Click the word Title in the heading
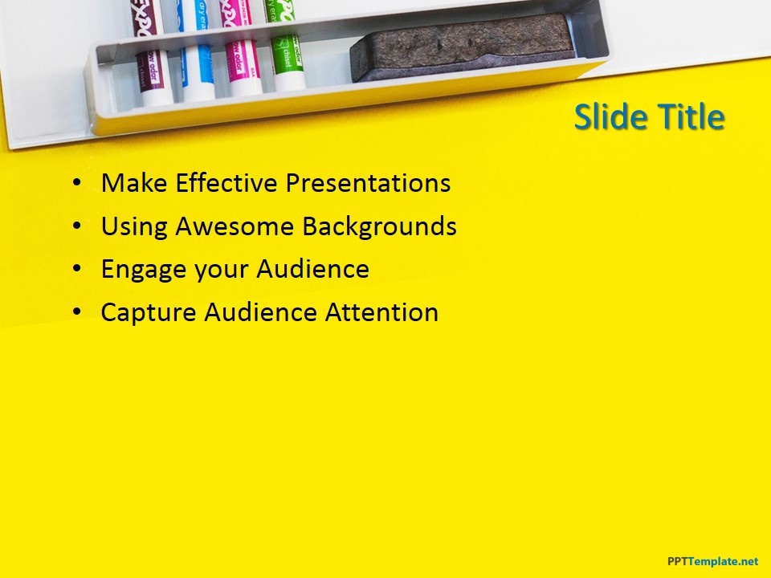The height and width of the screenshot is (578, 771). [691, 118]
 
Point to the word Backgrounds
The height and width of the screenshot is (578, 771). [379, 226]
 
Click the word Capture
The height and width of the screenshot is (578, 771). [149, 312]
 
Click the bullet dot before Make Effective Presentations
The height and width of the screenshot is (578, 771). [76, 184]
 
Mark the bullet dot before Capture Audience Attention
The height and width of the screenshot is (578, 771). [76, 312]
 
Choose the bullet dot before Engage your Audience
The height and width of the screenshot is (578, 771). [76, 270]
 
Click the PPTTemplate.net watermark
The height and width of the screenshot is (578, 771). [712, 561]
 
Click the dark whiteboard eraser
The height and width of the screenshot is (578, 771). [462, 48]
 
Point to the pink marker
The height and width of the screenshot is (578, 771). [242, 64]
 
